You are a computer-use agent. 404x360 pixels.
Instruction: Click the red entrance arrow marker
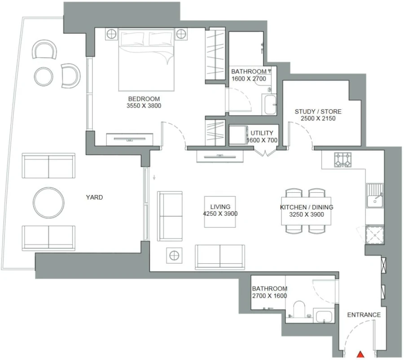[x=360, y=355]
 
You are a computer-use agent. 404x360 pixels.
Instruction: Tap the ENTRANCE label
[x=364, y=315]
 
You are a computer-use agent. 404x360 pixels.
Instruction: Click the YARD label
[x=94, y=197]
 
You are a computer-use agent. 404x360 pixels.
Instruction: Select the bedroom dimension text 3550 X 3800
[x=144, y=106]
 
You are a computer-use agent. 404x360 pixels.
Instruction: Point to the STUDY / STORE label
[x=318, y=111]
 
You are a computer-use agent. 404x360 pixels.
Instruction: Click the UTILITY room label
[x=261, y=133]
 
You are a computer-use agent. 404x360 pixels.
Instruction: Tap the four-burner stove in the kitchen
[x=343, y=159]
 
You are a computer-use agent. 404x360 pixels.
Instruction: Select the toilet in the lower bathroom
[x=298, y=310]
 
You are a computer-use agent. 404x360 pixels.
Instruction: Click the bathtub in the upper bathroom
[x=270, y=105]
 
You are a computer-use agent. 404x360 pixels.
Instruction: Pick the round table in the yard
[x=48, y=202]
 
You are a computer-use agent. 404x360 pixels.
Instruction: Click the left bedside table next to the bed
[x=111, y=34]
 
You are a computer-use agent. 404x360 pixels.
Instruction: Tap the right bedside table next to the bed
[x=181, y=34]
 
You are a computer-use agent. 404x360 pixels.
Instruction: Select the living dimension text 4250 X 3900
[x=220, y=214]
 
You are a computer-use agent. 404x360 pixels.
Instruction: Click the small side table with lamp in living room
[x=174, y=255]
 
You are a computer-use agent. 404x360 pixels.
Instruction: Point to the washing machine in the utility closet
[x=238, y=135]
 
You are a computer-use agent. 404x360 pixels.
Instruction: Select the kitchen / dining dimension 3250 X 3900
[x=303, y=214]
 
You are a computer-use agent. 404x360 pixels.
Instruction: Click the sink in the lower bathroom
[x=323, y=316]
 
